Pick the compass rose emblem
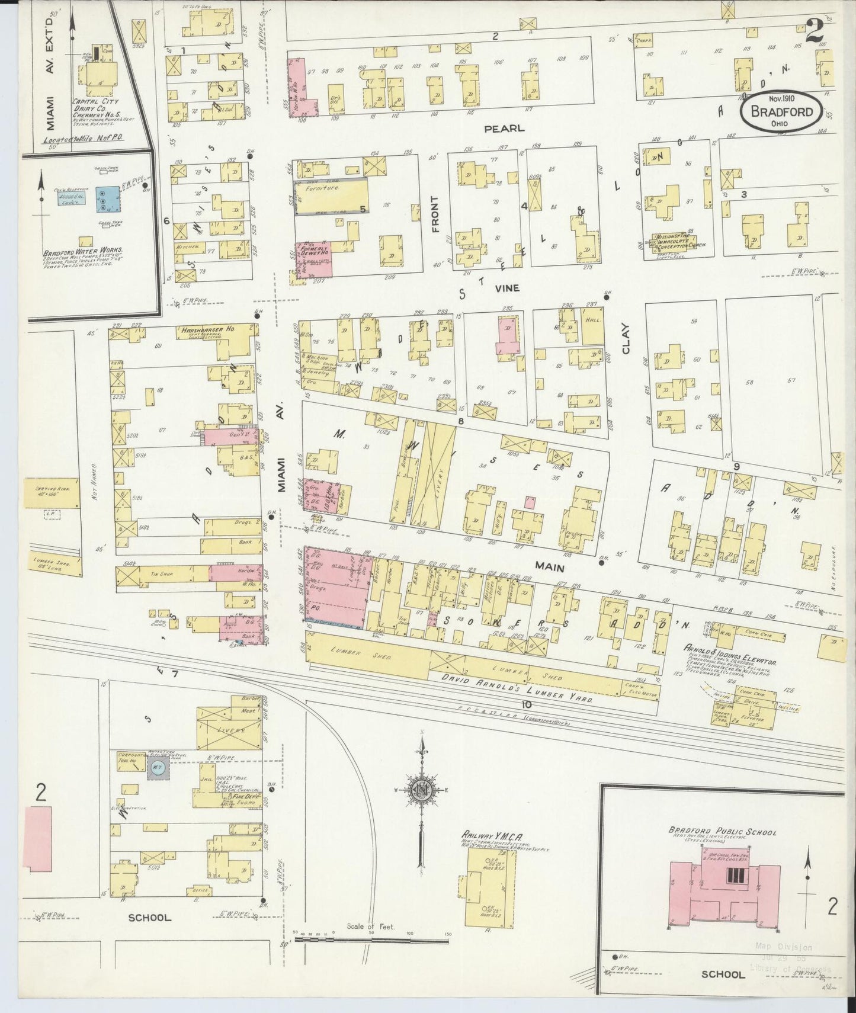tap(422, 789)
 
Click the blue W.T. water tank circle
tap(157, 768)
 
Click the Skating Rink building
tap(51, 493)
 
